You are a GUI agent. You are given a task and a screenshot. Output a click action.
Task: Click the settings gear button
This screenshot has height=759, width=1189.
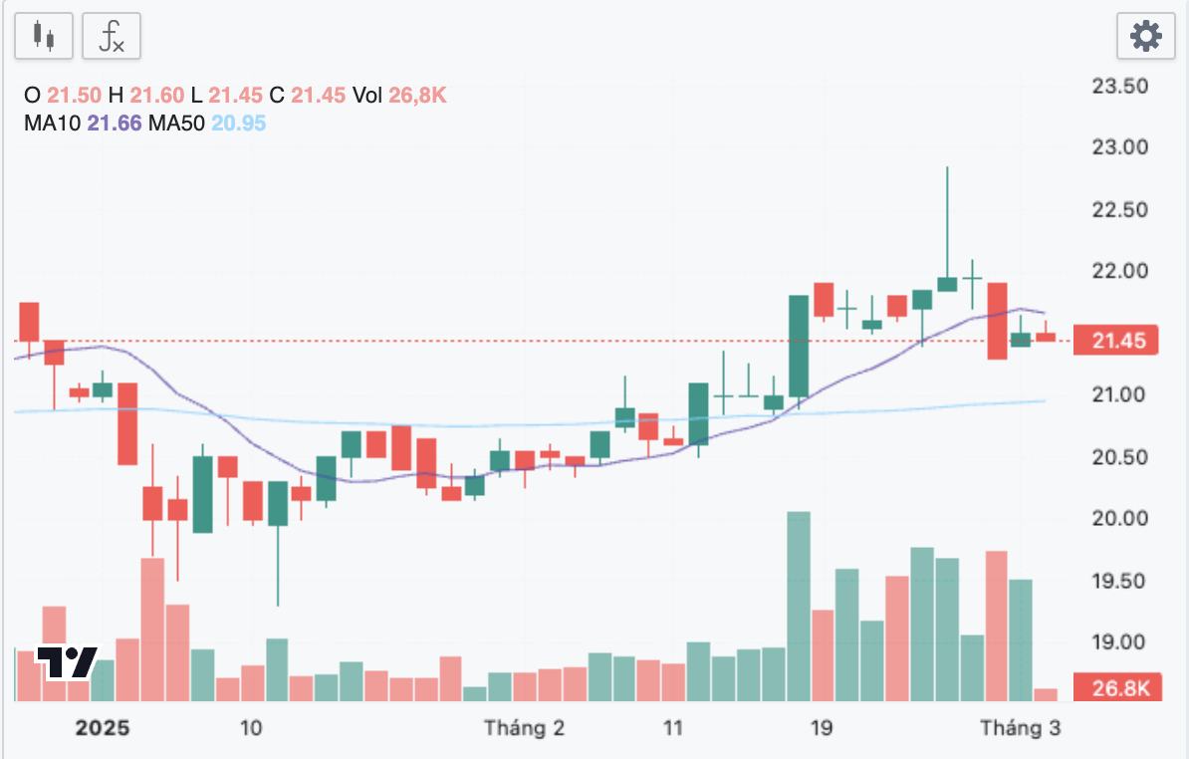(1146, 37)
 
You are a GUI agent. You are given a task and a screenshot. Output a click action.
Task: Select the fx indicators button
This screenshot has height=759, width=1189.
(111, 37)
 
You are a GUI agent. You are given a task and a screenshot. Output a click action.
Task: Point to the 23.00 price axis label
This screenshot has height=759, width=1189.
(1120, 147)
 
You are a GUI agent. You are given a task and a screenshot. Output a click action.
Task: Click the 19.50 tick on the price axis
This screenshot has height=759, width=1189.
(1120, 581)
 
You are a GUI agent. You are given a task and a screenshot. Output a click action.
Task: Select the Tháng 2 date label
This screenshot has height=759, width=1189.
(524, 728)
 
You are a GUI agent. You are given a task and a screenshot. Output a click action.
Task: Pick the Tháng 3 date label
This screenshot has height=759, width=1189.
(1020, 728)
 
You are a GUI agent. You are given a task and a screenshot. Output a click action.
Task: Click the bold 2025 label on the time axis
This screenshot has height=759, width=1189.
(103, 728)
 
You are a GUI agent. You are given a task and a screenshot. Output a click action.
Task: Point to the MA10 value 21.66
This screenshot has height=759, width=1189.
(116, 124)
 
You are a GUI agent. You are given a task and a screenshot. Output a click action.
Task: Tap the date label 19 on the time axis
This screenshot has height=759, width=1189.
(822, 728)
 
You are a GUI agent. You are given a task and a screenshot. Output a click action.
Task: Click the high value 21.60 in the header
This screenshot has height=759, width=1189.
(157, 96)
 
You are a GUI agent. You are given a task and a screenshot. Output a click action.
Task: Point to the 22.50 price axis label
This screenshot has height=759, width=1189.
(1120, 209)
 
